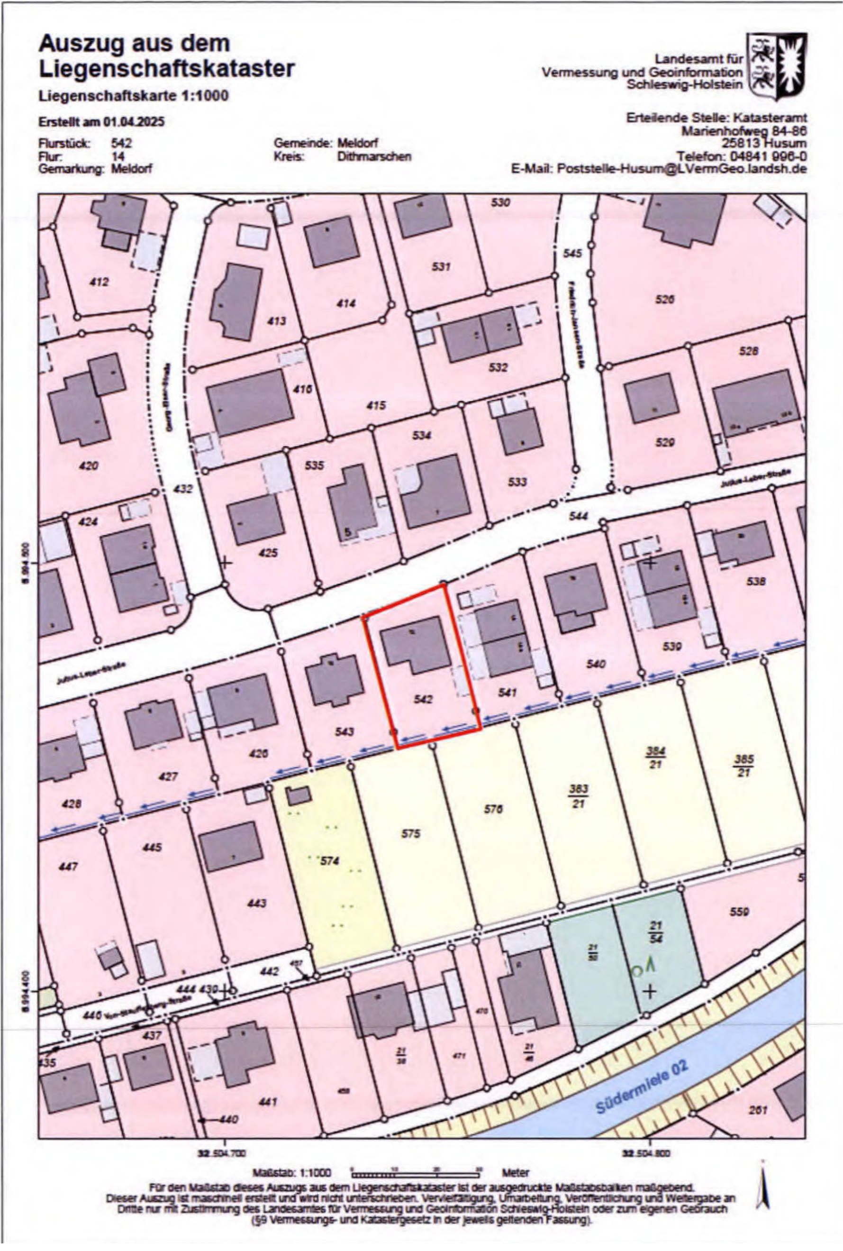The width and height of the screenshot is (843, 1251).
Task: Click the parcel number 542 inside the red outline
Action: (423, 699)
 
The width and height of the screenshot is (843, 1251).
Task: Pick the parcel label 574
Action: (329, 860)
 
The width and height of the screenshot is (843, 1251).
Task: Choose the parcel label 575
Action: (411, 834)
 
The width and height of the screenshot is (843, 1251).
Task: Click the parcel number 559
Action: (740, 911)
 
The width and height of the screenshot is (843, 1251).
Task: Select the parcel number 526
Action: (664, 300)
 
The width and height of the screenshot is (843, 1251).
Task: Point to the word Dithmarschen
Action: (374, 156)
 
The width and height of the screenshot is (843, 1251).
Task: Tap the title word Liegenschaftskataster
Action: (167, 69)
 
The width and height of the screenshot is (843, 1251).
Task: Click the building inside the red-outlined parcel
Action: (416, 644)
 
